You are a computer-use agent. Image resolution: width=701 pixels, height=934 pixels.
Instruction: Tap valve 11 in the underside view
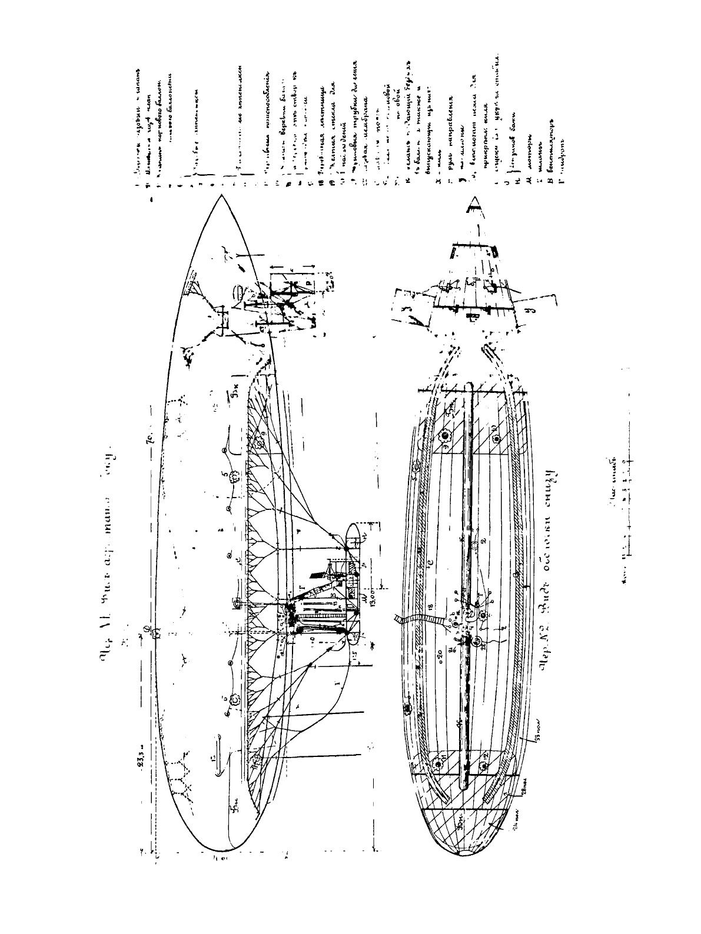(438, 765)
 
